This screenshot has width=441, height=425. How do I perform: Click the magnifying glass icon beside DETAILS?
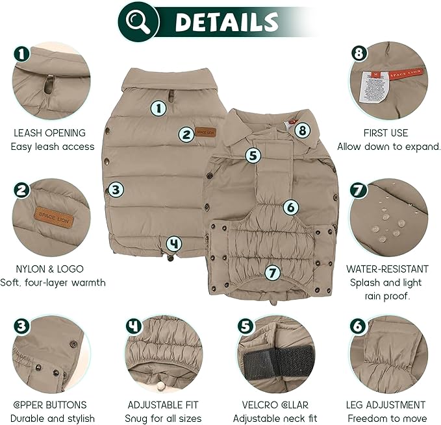click(x=139, y=21)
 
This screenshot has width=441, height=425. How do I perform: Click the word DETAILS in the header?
click(x=227, y=22)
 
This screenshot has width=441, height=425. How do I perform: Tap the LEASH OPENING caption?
click(x=49, y=133)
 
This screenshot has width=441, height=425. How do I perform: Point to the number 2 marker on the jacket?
click(x=186, y=134)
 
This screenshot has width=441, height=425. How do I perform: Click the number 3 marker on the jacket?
click(x=116, y=189)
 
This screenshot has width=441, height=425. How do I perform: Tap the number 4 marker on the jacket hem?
click(x=173, y=244)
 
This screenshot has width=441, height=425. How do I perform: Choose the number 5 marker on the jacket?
click(x=253, y=155)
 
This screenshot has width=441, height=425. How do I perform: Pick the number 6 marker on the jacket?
click(x=290, y=208)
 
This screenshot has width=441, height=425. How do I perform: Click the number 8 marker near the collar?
click(x=301, y=130)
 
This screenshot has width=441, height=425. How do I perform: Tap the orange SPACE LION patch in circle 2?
click(x=54, y=217)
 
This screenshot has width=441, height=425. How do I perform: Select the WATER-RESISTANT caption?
click(x=387, y=269)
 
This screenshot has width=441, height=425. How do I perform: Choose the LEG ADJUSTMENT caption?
click(x=387, y=405)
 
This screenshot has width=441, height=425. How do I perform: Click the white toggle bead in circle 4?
click(x=160, y=386)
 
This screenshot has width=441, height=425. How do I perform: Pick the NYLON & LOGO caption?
click(x=49, y=269)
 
